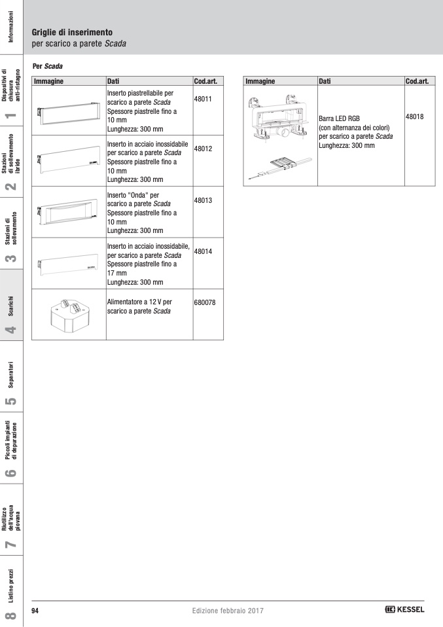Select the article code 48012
[203, 149]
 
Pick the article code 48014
[203, 251]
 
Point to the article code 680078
[205, 302]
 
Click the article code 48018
[415, 116]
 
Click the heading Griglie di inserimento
[72, 32]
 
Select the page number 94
[36, 611]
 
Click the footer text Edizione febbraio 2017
[228, 611]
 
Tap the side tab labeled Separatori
[11, 376]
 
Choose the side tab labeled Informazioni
[11, 26]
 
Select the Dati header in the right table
[325, 81]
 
